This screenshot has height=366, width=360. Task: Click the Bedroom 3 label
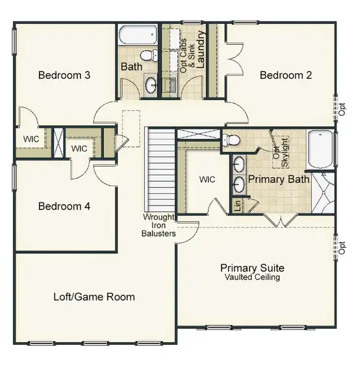pyautogui.click(x=65, y=76)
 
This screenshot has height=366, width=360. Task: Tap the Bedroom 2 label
pyautogui.click(x=286, y=76)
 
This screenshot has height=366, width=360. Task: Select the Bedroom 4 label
pyautogui.click(x=65, y=206)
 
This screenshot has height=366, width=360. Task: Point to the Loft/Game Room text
pyautogui.click(x=94, y=297)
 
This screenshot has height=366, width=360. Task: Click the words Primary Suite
pyautogui.click(x=253, y=268)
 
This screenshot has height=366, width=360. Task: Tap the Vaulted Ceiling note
pyautogui.click(x=253, y=278)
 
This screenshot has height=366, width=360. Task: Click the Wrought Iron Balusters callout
pyautogui.click(x=159, y=225)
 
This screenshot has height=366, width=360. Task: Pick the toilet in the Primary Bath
pyautogui.click(x=231, y=141)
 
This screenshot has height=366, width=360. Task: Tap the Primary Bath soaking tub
pyautogui.click(x=320, y=149)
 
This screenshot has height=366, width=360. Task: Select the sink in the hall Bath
pyautogui.click(x=151, y=84)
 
